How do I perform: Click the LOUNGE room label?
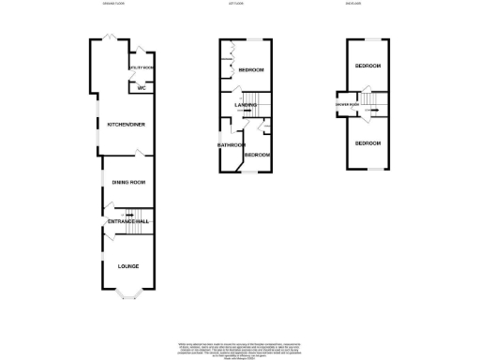pyautogui.click(x=128, y=266)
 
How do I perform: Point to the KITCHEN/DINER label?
pyautogui.click(x=126, y=124)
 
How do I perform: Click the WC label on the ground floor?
pyautogui.click(x=142, y=88)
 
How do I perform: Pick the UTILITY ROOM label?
pyautogui.click(x=142, y=68)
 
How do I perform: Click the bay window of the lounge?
pyautogui.click(x=128, y=298)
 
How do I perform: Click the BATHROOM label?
pyautogui.click(x=231, y=145)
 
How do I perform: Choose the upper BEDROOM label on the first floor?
pyautogui.click(x=251, y=71)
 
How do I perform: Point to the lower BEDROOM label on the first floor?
pyautogui.click(x=258, y=155)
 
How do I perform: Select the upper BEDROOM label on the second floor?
pyautogui.click(x=367, y=66)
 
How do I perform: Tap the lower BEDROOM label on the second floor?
pyautogui.click(x=367, y=142)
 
